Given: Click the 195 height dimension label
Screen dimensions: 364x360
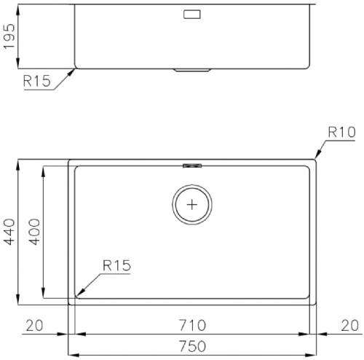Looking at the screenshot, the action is click(9, 36).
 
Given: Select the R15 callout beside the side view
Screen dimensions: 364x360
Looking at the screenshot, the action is click(37, 81).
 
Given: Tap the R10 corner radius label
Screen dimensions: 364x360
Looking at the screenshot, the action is click(341, 132).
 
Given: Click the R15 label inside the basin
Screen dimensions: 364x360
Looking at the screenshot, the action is click(116, 265).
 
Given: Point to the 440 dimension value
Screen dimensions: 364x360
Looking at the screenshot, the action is click(9, 232).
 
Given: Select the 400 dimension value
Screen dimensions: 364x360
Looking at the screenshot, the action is click(34, 232).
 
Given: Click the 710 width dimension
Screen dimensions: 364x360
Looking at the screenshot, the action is click(192, 325).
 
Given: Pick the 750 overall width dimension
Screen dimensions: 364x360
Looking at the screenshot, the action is click(192, 346).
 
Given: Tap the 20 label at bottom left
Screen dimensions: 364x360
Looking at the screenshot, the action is click(34, 326).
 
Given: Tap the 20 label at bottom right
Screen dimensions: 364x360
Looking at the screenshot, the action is click(349, 326).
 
